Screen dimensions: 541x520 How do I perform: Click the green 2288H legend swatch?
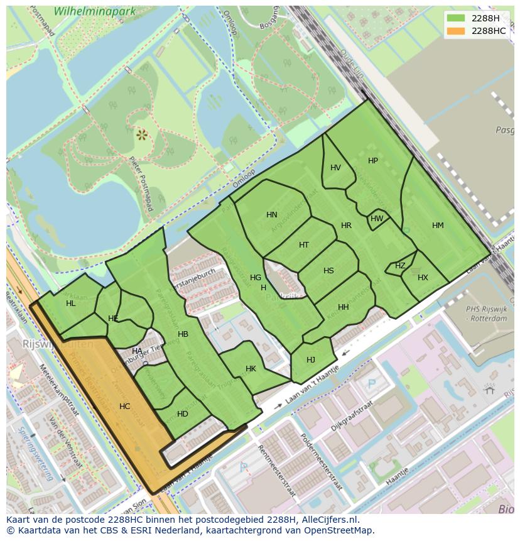point(456,18)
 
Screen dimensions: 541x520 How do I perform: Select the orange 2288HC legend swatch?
point(456,31)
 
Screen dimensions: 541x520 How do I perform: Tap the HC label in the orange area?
point(124,407)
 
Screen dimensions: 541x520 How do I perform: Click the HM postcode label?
point(438,226)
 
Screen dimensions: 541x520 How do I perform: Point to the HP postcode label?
point(373,161)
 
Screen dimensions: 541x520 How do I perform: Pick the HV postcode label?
point(335,168)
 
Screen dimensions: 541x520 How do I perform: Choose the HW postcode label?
point(377,219)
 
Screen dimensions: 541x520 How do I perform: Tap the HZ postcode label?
point(400,266)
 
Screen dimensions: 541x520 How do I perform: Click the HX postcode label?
point(423,278)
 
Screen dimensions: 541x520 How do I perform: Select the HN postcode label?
point(271,215)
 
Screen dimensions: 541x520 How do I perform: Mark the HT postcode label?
point(304,245)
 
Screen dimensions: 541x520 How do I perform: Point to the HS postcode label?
point(328,271)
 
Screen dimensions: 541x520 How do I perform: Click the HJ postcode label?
point(311,360)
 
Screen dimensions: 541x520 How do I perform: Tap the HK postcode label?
point(251,369)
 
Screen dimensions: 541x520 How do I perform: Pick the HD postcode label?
point(183,414)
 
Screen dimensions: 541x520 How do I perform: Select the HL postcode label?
point(70,303)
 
